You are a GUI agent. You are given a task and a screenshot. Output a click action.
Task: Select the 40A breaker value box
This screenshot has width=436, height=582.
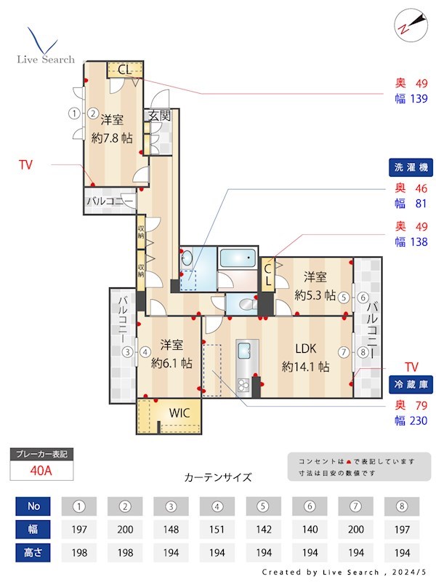coord(41,470)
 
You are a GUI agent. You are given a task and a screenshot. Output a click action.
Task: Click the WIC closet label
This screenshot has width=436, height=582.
coord(179,412)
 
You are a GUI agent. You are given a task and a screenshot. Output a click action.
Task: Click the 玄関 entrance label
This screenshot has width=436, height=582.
coord(159,115)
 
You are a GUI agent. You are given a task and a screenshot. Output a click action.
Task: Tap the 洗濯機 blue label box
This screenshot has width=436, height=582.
coord(411,167)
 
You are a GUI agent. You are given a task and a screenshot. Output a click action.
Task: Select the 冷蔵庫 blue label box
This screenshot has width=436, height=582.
coord(411,384)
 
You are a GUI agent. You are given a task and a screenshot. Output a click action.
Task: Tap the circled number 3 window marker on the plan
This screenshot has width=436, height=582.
coord(128,353)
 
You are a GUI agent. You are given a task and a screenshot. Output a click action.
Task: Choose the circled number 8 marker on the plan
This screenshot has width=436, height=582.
coord(363,353)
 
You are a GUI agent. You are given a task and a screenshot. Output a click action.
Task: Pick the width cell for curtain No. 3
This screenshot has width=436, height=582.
coord(171,529)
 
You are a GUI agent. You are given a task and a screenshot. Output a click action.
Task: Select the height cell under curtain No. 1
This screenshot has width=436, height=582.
coord(78,553)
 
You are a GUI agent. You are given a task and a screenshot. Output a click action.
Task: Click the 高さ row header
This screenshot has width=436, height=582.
coord(33,553)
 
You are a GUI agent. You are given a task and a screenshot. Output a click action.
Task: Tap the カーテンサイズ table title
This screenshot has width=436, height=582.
coord(218,478)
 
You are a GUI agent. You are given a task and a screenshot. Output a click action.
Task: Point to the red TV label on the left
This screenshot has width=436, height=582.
coord(25,165)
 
